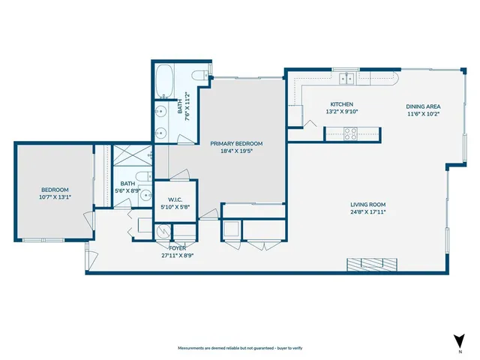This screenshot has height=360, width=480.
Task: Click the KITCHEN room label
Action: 342,104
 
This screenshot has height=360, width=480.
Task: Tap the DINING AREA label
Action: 423,106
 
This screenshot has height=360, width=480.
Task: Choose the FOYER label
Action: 177,247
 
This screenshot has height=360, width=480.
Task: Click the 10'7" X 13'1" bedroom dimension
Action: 55,197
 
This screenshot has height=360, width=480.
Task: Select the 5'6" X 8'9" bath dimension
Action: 127,191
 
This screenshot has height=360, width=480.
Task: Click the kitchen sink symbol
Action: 346,77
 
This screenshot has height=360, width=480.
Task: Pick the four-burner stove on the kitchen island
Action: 349,133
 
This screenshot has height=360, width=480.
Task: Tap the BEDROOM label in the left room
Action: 55,189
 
